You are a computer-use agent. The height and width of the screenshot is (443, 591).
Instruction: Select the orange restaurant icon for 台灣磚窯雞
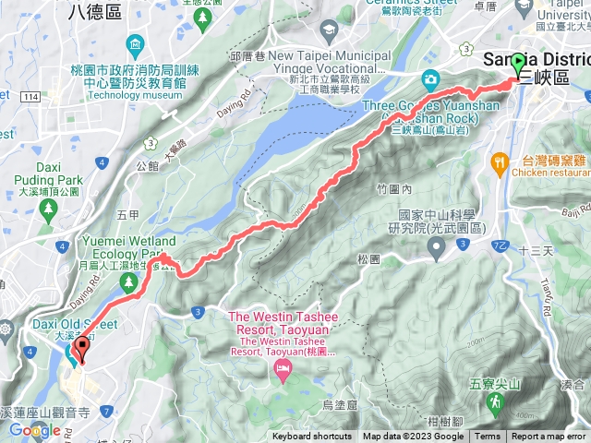point(500,162)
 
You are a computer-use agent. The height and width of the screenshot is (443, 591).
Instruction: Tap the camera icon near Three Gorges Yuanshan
point(430,79)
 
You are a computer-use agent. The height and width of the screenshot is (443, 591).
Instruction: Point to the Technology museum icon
point(137,46)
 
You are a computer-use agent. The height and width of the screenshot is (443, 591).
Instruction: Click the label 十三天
point(535,250)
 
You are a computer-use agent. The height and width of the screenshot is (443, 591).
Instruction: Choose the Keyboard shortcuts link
point(311,437)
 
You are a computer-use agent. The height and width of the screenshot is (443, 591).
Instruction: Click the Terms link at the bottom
point(488,437)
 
